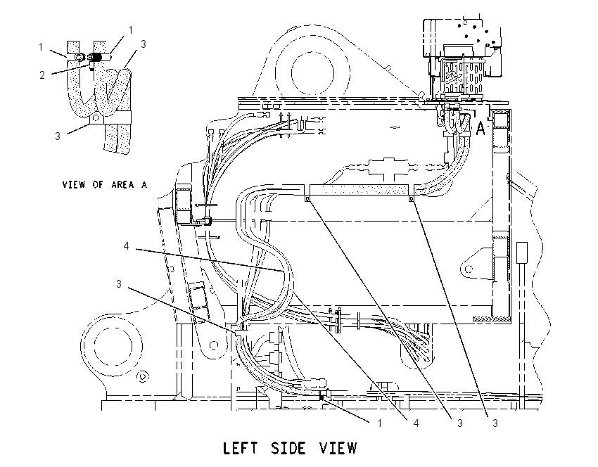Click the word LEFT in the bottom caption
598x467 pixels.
(x=240, y=448)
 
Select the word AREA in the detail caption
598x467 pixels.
(x=123, y=185)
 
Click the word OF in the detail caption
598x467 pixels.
(x=98, y=185)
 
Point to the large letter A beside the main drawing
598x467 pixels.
(x=481, y=129)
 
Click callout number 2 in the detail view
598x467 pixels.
(x=42, y=75)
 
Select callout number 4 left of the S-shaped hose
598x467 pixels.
(x=126, y=246)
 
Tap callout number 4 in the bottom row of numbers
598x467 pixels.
(x=416, y=423)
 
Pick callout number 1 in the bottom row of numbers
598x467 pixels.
(x=379, y=423)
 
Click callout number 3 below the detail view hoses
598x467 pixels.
(x=58, y=136)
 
